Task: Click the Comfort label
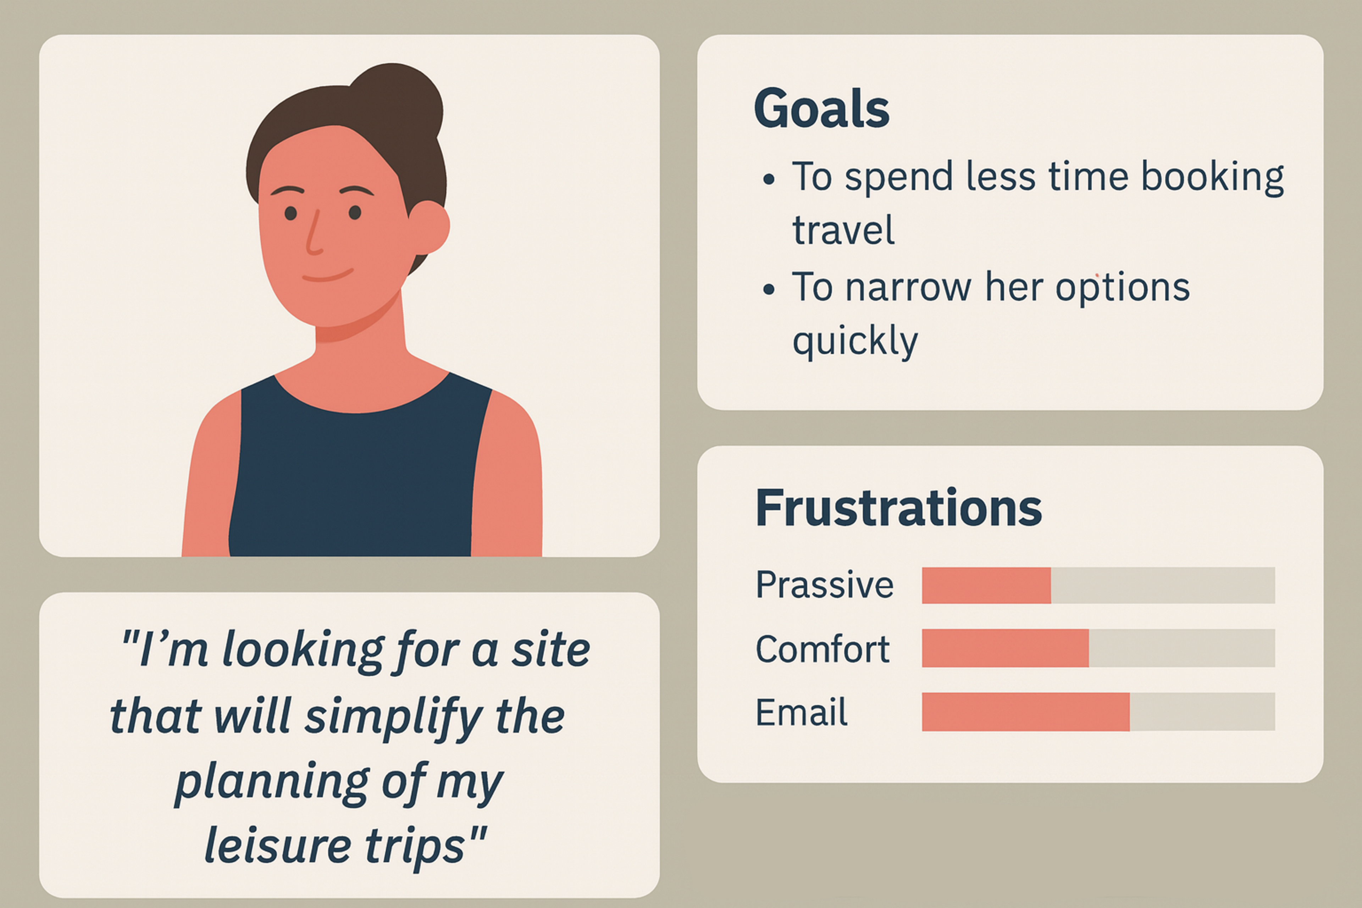click(822, 649)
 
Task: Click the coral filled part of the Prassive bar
click(986, 586)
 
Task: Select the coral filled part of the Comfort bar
click(1005, 648)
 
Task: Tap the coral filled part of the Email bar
click(1025, 712)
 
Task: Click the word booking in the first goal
click(1212, 177)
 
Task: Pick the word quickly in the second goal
click(855, 340)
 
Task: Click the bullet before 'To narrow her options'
click(769, 289)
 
